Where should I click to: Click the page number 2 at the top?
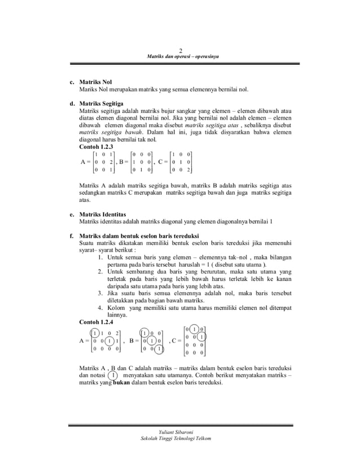click(x=179, y=50)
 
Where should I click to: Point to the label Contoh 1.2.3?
click(x=97, y=146)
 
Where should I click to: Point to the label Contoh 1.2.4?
click(x=97, y=322)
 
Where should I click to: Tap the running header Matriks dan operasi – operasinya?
click(x=179, y=57)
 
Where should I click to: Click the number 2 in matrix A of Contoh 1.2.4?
click(x=117, y=333)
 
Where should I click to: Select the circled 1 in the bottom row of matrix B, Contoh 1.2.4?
click(x=160, y=349)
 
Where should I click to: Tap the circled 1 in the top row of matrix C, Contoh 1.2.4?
click(x=195, y=329)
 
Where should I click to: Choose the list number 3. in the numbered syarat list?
click(x=100, y=293)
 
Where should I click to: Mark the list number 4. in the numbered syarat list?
click(x=100, y=308)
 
